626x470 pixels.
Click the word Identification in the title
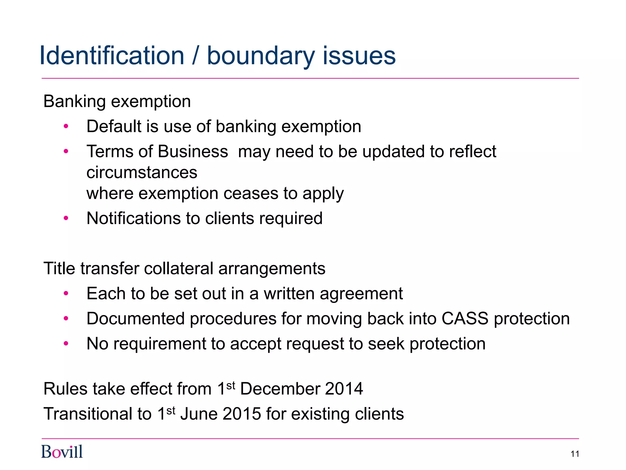pyautogui.click(x=112, y=56)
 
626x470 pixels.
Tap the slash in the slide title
pyautogui.click(x=196, y=56)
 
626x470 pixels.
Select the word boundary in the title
pyautogui.click(x=261, y=56)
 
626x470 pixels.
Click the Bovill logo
pyautogui.click(x=62, y=452)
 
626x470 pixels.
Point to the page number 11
pyautogui.click(x=575, y=454)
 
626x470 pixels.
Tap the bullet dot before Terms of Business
pyautogui.click(x=66, y=151)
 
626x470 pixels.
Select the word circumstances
pyautogui.click(x=142, y=173)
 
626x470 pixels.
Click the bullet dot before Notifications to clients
pyautogui.click(x=66, y=218)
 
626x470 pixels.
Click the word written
pyautogui.click(x=289, y=294)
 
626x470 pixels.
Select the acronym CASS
pyautogui.click(x=465, y=319)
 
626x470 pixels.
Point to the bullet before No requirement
pyautogui.click(x=66, y=344)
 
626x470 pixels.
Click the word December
pyautogui.click(x=280, y=389)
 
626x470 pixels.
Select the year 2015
pyautogui.click(x=242, y=414)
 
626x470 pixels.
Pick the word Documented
pyautogui.click(x=136, y=319)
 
